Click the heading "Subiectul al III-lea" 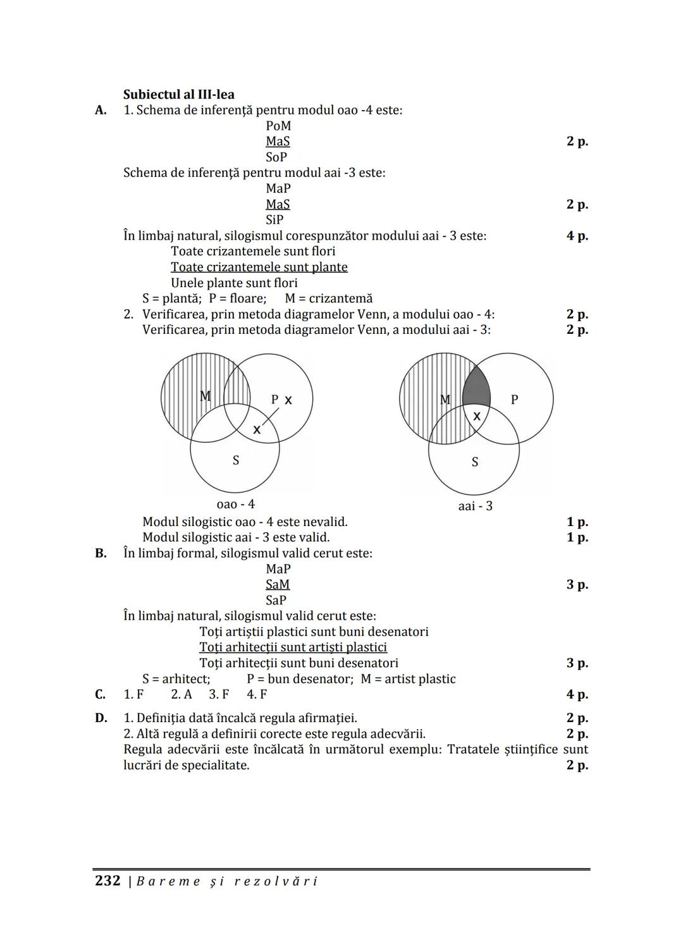coord(178,95)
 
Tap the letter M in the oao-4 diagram coord(205,396)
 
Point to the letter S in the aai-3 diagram coord(475,462)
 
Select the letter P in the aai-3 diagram coord(514,400)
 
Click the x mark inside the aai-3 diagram coord(477,416)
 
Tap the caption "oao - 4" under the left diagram coord(235,505)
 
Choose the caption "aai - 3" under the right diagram coord(475,506)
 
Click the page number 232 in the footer coord(107,881)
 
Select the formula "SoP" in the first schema coord(276,157)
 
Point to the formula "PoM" coord(278,126)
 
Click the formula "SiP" coord(274,220)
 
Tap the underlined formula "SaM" coord(278,585)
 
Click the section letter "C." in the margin coord(101,695)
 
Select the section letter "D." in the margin coord(101,718)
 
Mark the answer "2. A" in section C coord(182,695)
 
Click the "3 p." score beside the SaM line coord(577,585)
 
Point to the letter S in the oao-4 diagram coord(236,460)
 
